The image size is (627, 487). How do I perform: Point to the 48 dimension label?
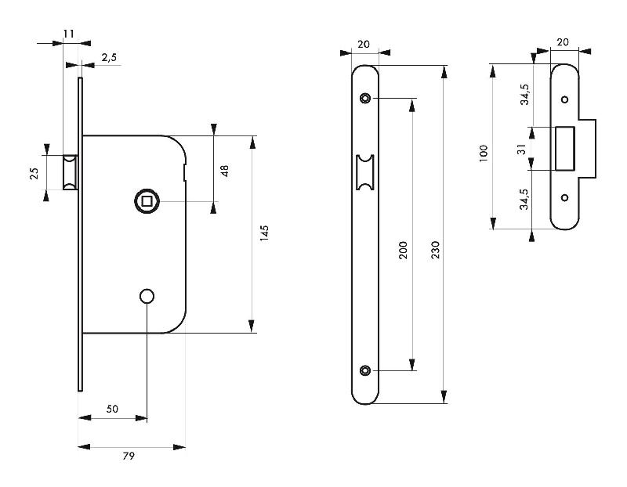(x=224, y=169)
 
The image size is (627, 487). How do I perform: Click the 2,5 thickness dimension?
(x=109, y=57)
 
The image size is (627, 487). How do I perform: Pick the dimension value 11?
(x=68, y=34)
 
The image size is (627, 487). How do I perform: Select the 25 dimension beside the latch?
(x=34, y=173)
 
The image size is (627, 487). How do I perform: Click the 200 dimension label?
(x=403, y=250)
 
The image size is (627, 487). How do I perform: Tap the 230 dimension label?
(x=435, y=250)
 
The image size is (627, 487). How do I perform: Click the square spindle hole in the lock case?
(x=145, y=201)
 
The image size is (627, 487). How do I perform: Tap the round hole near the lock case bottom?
(x=146, y=296)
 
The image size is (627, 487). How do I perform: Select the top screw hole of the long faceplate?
(x=364, y=98)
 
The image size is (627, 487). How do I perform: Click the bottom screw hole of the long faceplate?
(x=364, y=370)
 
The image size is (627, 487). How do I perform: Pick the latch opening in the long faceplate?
(x=364, y=172)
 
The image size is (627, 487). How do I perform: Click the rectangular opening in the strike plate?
(x=565, y=148)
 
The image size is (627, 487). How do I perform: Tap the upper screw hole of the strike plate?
(x=564, y=99)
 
